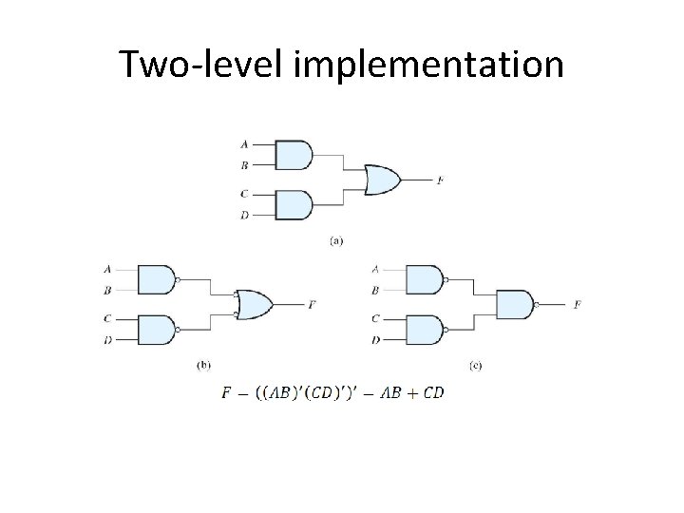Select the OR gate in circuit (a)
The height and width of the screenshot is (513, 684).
(x=382, y=179)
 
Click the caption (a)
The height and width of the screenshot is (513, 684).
(x=336, y=241)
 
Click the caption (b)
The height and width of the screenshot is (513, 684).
(x=203, y=363)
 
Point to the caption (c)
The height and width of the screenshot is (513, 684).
(x=475, y=363)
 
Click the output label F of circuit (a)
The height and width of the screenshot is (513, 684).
(x=439, y=180)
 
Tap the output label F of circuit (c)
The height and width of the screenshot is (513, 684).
(x=578, y=305)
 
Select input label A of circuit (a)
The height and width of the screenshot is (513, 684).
(x=244, y=144)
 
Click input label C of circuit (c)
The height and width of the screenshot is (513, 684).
(x=376, y=318)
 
